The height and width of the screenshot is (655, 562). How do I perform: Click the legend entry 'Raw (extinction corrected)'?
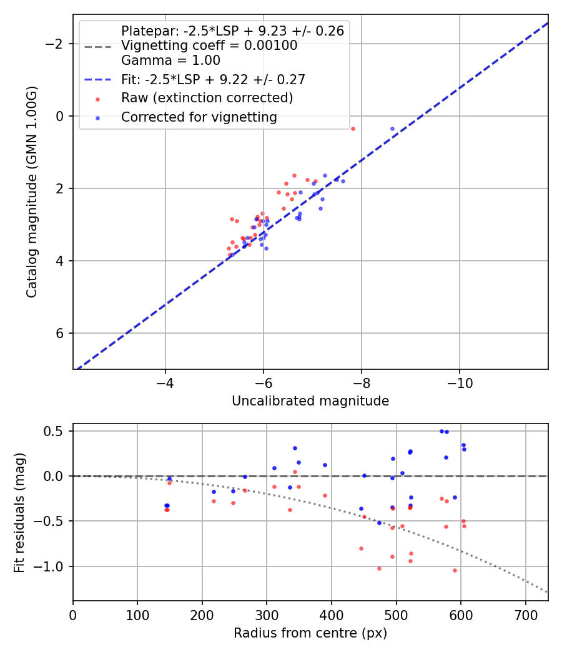[207, 98]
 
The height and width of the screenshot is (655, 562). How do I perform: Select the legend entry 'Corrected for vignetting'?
[199, 117]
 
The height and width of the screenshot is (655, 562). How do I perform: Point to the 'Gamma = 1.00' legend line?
[170, 61]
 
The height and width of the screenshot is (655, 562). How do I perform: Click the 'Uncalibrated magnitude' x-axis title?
[310, 401]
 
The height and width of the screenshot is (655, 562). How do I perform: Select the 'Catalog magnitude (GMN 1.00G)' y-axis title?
[32, 192]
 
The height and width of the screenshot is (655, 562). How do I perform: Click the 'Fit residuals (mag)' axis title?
[19, 512]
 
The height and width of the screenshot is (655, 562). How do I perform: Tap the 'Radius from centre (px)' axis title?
[310, 633]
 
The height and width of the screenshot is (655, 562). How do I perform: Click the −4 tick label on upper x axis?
[165, 382]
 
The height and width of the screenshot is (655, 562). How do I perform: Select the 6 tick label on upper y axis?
[61, 333]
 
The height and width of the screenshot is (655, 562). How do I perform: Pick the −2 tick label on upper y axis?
[56, 44]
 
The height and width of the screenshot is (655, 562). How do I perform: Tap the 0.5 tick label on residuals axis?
[56, 431]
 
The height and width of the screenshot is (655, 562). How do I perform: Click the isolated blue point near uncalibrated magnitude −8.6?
[392, 129]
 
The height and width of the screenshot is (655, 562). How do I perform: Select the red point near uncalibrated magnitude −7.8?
[353, 129]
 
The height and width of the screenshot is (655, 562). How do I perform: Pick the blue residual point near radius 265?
[245, 477]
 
